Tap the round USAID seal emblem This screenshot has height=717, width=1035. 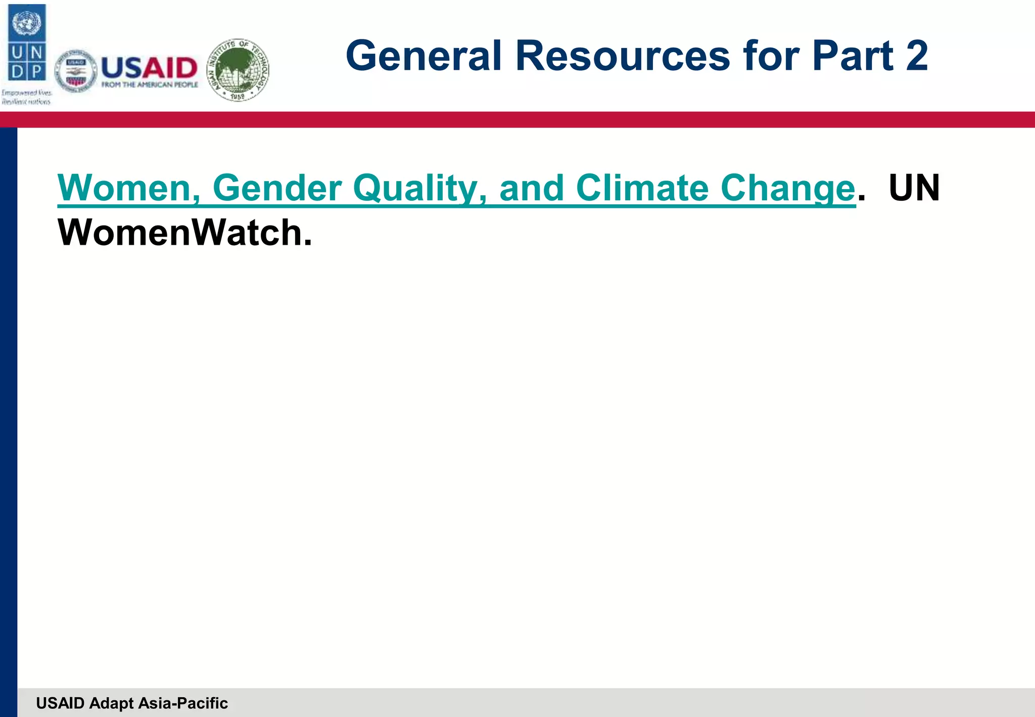point(75,71)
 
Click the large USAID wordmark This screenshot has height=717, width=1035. point(149,67)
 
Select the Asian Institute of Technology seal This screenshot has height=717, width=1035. point(238,70)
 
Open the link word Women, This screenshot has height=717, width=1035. point(128,188)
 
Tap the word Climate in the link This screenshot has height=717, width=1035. point(642,188)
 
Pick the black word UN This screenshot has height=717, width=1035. point(914,188)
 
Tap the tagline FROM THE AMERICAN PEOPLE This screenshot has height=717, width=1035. point(150,85)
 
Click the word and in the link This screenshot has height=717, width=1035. point(531,188)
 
